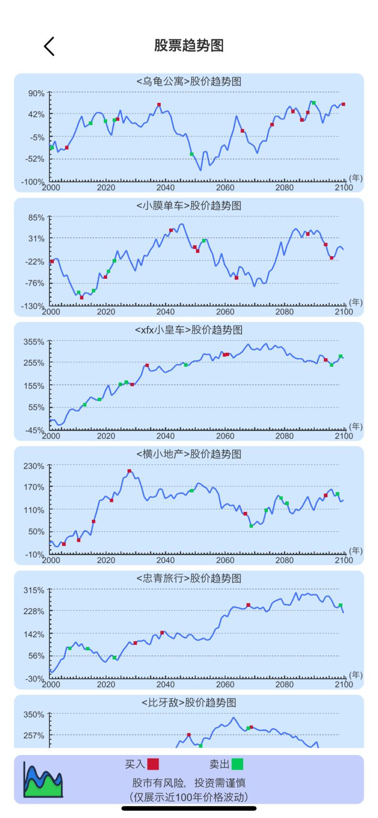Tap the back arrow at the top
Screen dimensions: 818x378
[49, 46]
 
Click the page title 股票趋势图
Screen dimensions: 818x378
[189, 46]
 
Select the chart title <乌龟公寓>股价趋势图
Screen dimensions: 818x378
[189, 81]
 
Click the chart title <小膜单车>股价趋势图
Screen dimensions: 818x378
[189, 206]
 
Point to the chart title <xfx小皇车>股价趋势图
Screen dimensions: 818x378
[189, 330]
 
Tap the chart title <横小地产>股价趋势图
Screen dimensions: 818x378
[189, 454]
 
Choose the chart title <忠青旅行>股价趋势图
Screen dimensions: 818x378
[189, 579]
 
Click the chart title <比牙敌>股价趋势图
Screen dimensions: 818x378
[189, 702]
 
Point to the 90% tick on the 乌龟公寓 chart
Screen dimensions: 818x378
[36, 93]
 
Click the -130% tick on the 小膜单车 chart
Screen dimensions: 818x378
[34, 306]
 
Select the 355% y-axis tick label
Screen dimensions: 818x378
[35, 342]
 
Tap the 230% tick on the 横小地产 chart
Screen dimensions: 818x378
[35, 466]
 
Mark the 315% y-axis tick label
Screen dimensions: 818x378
[35, 590]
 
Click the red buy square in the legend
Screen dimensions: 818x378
[153, 764]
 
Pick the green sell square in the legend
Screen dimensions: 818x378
[237, 764]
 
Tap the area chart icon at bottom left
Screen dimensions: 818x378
[43, 780]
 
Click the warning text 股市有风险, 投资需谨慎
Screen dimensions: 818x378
[189, 783]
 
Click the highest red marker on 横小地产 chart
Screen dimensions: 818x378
[129, 471]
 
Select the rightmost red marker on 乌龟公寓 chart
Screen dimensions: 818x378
[343, 104]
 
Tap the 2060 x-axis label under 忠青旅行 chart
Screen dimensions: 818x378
[225, 685]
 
